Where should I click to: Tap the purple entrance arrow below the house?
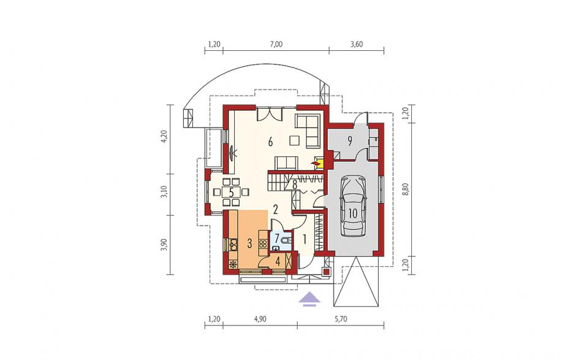pos(309,298)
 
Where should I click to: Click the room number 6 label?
pos(270,142)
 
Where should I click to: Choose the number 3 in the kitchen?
pos(249,243)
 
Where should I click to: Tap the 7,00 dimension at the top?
pos(276,45)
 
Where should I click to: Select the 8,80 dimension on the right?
pos(406,190)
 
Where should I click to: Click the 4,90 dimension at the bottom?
pos(260,319)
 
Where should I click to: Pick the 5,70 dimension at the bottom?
pos(340,319)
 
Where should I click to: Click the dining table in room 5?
pos(232,191)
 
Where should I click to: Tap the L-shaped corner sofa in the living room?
pos(309,130)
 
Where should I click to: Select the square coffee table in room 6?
pos(294,141)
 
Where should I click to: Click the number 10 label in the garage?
pos(353,213)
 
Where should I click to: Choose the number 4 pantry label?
pos(278,261)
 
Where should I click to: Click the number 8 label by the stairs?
pos(295,185)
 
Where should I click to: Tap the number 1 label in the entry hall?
pos(305,240)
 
